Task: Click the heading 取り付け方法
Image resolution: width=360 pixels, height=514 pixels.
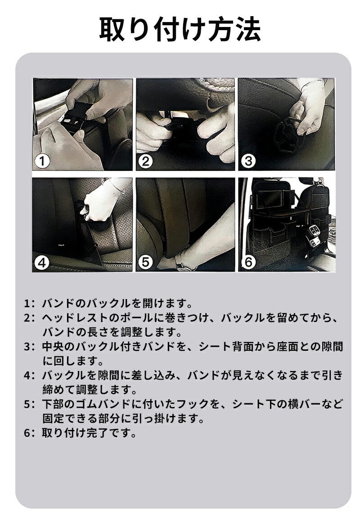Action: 180,30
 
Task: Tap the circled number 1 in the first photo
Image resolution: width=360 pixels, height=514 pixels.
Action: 42,161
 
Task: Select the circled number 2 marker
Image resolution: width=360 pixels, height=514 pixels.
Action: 145,161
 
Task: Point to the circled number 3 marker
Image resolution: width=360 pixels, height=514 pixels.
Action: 248,161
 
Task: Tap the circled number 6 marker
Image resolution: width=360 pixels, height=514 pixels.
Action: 248,262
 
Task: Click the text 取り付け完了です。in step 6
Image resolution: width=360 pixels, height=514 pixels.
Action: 89,434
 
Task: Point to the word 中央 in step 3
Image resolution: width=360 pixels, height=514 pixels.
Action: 53,347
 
